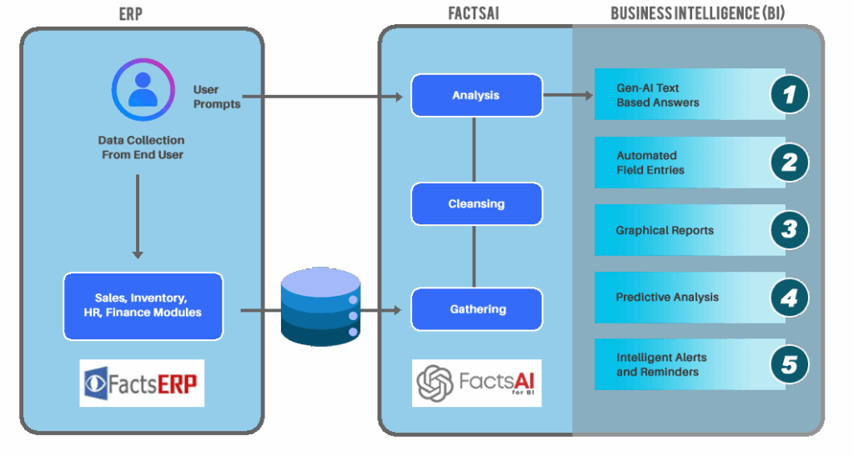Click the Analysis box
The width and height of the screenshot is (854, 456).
476,95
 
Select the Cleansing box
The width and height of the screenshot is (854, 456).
476,203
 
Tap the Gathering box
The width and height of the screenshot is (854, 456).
476,309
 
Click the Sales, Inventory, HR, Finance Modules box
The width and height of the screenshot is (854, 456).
143,306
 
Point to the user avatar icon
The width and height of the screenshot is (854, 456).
143,91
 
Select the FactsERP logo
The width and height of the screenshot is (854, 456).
142,383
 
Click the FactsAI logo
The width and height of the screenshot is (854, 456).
476,383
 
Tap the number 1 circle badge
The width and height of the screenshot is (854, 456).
788,94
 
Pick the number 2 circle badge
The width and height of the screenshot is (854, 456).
788,162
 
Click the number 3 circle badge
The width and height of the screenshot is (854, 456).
788,229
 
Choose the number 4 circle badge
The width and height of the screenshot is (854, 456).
788,297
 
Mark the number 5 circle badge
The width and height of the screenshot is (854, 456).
788,364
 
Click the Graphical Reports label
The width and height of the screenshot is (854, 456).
665,230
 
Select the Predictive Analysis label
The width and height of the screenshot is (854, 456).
667,298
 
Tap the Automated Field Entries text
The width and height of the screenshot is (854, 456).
651,163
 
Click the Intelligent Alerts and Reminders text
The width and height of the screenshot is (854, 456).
661,364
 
